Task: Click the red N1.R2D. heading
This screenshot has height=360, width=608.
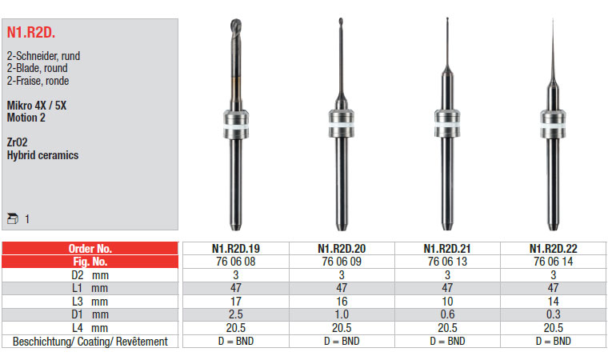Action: coord(31,33)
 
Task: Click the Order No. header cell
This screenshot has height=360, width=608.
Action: coord(90,248)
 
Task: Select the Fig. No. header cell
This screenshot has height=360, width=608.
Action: coord(90,262)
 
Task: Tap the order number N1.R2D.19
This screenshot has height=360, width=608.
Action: coord(236,248)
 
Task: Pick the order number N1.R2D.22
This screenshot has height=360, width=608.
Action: coord(554,248)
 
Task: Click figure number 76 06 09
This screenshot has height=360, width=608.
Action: coord(342,262)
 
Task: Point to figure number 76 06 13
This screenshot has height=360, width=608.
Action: coord(447,262)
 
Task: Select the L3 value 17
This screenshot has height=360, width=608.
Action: coord(236,302)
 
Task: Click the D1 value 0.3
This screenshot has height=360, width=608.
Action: coord(554,314)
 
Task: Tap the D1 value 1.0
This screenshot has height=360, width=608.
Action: coord(342,314)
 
